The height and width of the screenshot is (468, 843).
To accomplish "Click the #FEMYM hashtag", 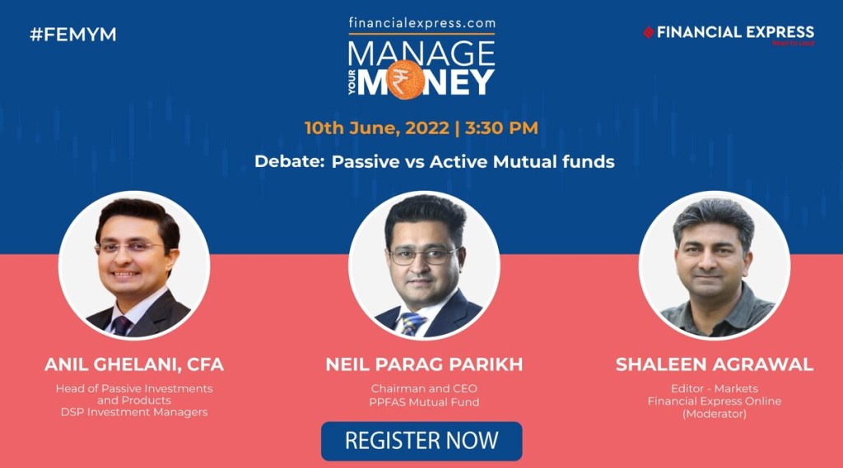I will pyautogui.click(x=73, y=35).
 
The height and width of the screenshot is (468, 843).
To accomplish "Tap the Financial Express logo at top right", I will pyautogui.click(x=729, y=33).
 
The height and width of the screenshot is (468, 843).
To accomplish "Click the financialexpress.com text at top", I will pyautogui.click(x=421, y=24).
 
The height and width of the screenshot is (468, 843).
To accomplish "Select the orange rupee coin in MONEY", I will pyautogui.click(x=405, y=80).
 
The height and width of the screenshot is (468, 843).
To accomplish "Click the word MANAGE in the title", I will pyautogui.click(x=421, y=53).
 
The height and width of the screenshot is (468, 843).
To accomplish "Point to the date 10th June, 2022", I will pyautogui.click(x=376, y=127).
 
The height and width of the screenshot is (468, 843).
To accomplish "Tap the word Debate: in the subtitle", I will pyautogui.click(x=289, y=161).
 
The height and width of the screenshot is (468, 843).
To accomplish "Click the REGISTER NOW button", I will pyautogui.click(x=421, y=440).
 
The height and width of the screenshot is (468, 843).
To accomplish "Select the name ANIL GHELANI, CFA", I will pyautogui.click(x=134, y=364).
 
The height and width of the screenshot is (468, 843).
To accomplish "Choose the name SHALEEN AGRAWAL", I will pyautogui.click(x=715, y=364).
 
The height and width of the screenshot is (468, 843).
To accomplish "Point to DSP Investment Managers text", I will pyautogui.click(x=134, y=411).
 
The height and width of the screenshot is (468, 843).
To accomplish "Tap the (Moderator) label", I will pyautogui.click(x=715, y=414).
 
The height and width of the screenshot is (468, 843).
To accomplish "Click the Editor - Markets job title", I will pyautogui.click(x=715, y=388).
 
